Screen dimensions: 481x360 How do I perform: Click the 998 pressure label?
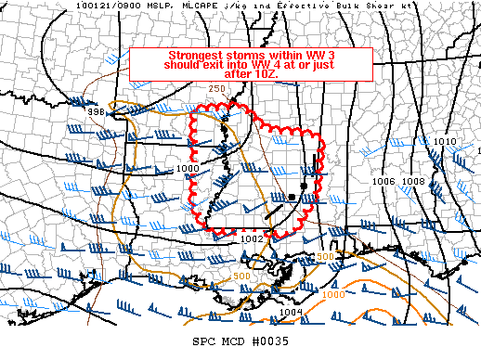click(x=95, y=112)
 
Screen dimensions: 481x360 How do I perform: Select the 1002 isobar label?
click(x=253, y=238)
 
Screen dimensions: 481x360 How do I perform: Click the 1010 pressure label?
click(x=446, y=141)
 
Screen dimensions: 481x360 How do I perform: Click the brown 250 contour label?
click(x=217, y=88)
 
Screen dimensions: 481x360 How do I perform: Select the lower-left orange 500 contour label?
click(x=241, y=276)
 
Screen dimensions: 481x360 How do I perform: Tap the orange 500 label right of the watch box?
click(x=325, y=256)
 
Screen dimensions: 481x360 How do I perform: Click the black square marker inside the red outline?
click(x=304, y=186)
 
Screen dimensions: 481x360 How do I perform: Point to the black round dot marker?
click(x=292, y=198)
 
